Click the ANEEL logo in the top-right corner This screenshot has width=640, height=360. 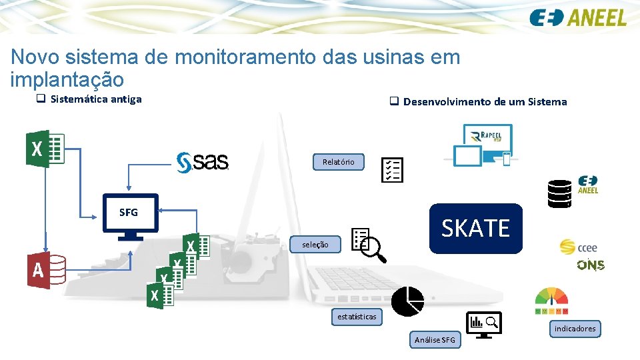coord(578,17)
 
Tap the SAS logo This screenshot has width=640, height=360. coord(203,161)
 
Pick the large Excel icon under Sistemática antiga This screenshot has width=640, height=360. coord(45,149)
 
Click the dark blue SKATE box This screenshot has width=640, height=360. coord(475,229)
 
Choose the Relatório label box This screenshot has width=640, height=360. coord(339,162)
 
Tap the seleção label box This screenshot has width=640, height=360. coord(315,245)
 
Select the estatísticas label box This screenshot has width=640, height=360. coord(357,317)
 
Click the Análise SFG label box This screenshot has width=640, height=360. coord(435,340)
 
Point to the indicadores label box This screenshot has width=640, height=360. coord(575,329)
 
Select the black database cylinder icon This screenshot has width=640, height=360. coord(559,194)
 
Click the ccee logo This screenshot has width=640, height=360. coord(579,247)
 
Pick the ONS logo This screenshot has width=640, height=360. coord(591,265)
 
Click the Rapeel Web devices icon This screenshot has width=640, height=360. coord(483,145)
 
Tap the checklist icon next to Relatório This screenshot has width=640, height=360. coord(392,170)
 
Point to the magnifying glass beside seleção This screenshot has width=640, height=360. coord(375,250)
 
